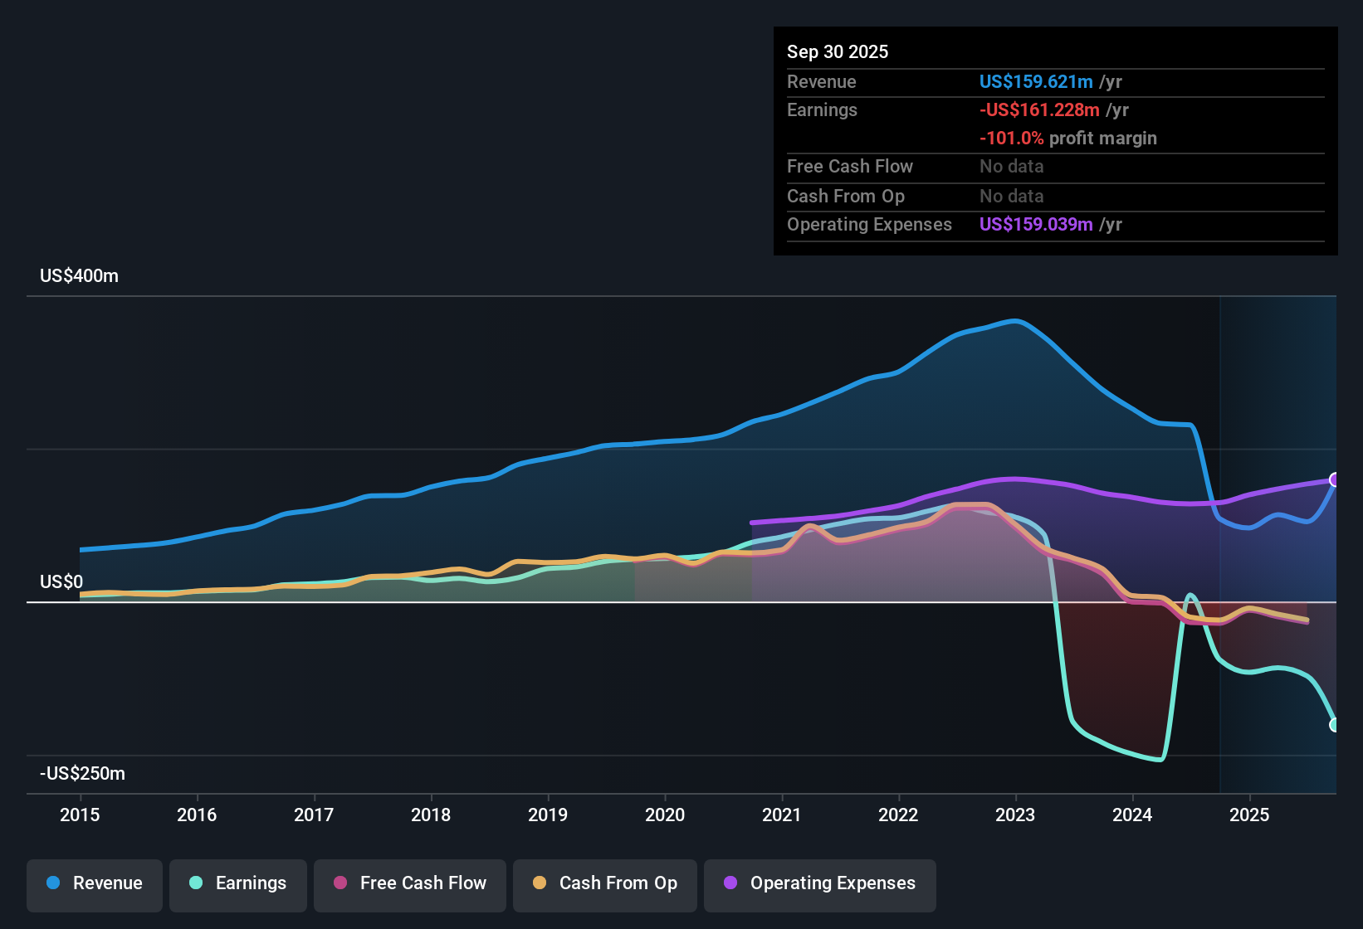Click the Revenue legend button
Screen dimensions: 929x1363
tap(95, 883)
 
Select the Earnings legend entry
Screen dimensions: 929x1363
tap(238, 883)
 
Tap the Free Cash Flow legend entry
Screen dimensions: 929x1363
tap(410, 883)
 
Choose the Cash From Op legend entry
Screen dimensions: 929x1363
tap(605, 883)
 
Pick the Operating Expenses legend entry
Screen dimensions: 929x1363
tap(820, 883)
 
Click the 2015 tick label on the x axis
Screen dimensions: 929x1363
tap(80, 815)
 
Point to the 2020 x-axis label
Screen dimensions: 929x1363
tap(665, 815)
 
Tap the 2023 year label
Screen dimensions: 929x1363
tap(1015, 815)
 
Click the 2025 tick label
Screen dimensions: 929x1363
tap(1249, 815)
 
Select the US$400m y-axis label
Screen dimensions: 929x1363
tap(79, 276)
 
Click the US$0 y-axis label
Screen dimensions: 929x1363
tap(61, 581)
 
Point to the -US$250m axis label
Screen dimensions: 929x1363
tap(82, 773)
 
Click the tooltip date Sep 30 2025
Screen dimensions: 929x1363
tap(838, 51)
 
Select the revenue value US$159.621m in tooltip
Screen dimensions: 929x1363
tap(1035, 81)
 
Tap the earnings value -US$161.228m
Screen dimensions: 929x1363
tap(1039, 109)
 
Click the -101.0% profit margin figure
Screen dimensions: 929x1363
tap(1011, 138)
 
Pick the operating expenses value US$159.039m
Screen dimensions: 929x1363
tap(1035, 224)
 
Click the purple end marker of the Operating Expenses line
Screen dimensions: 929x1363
tap(1335, 479)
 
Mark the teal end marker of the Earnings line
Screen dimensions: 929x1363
tap(1335, 725)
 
